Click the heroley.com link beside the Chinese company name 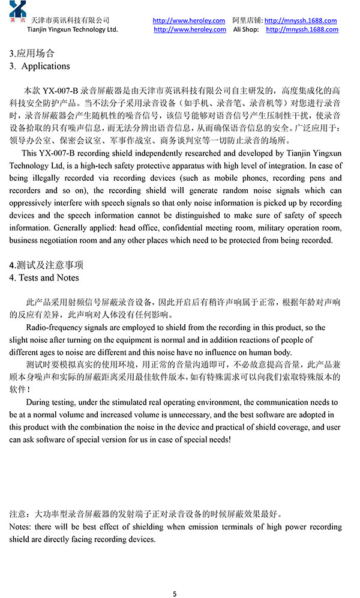point(189,20)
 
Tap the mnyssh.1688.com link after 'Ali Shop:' point(302,29)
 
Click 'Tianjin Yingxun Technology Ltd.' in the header point(73,29)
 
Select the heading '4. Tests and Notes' point(44,277)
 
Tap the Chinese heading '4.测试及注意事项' point(46,265)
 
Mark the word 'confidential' point(164,228)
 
